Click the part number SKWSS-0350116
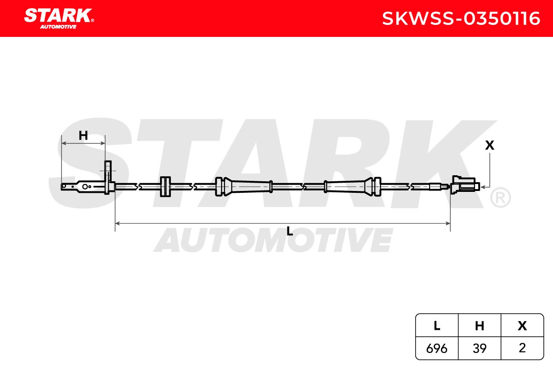[461, 18]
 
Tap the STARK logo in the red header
[59, 18]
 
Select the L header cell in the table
[437, 325]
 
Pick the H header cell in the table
[479, 325]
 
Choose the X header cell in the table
[522, 325]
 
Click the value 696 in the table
[436, 348]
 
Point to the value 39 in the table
[479, 348]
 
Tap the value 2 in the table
[522, 348]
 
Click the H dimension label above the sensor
[83, 136]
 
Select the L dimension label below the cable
[289, 232]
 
